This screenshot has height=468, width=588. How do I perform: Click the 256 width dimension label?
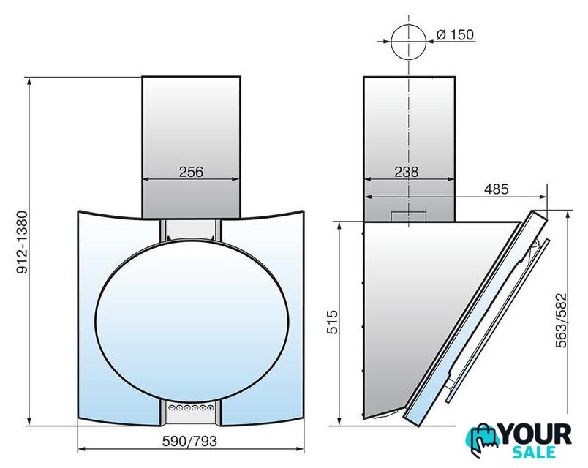tap(191, 172)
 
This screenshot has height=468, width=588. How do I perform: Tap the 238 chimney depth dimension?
tap(406, 172)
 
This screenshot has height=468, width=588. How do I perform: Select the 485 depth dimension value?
tap(496, 189)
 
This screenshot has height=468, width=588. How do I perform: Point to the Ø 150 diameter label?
tap(455, 34)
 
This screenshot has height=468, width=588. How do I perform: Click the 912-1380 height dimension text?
tap(22, 242)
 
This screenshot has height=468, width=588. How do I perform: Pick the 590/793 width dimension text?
tap(189, 441)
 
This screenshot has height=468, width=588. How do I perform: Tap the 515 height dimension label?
tap(332, 322)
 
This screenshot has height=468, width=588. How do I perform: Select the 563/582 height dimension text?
tap(562, 320)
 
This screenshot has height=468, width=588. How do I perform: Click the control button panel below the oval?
tap(191, 407)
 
